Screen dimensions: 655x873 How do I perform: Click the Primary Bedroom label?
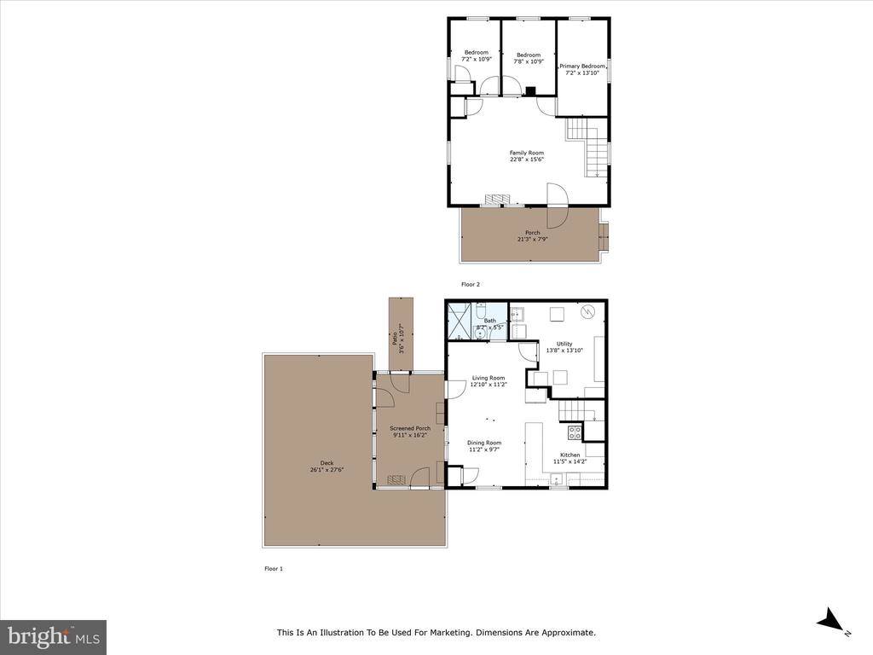pyautogui.click(x=582, y=66)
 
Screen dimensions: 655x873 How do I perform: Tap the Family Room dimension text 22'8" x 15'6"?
pyautogui.click(x=526, y=159)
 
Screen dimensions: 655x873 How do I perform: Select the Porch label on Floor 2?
pyautogui.click(x=532, y=233)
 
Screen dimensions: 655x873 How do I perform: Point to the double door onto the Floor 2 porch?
pyautogui.click(x=556, y=206)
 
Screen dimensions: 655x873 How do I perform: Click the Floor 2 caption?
pyautogui.click(x=471, y=284)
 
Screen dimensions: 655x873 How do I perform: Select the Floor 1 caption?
pyautogui.click(x=273, y=568)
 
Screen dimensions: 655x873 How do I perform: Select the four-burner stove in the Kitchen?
pyautogui.click(x=575, y=432)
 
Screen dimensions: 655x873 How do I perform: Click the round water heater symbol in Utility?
pyautogui.click(x=587, y=313)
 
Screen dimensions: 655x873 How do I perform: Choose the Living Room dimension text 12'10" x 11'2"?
pyautogui.click(x=489, y=385)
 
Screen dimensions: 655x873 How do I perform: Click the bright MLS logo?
pyautogui.click(x=53, y=636)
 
